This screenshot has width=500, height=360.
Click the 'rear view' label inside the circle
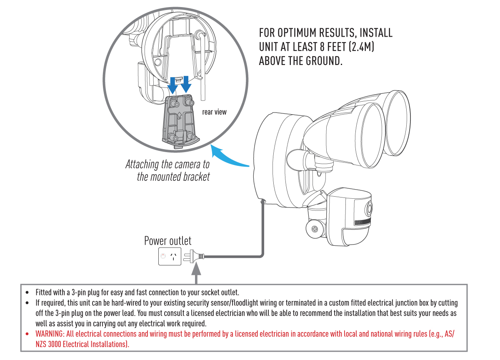[x=214, y=112]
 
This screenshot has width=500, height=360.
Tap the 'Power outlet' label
[x=167, y=241]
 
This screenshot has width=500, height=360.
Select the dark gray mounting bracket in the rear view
[x=180, y=121]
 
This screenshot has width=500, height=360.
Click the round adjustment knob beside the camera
[x=315, y=229]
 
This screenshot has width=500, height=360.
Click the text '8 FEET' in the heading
[x=328, y=47]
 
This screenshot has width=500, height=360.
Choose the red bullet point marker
[x=27, y=334]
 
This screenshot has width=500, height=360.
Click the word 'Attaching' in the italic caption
[x=142, y=164]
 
